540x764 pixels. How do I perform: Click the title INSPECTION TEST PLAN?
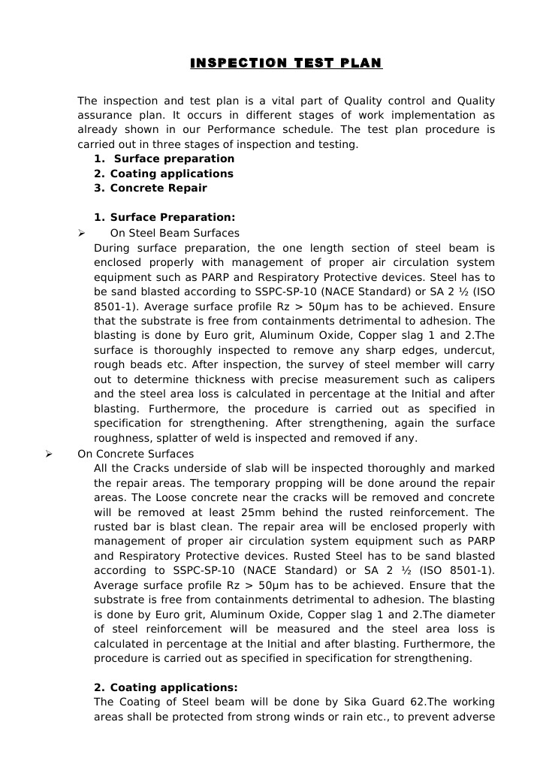pos(285,62)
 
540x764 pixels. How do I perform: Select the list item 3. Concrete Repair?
pos(150,189)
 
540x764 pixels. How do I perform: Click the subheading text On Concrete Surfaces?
pos(135,454)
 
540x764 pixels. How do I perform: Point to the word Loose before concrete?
pos(137,498)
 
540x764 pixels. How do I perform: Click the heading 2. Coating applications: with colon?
pos(165,687)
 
